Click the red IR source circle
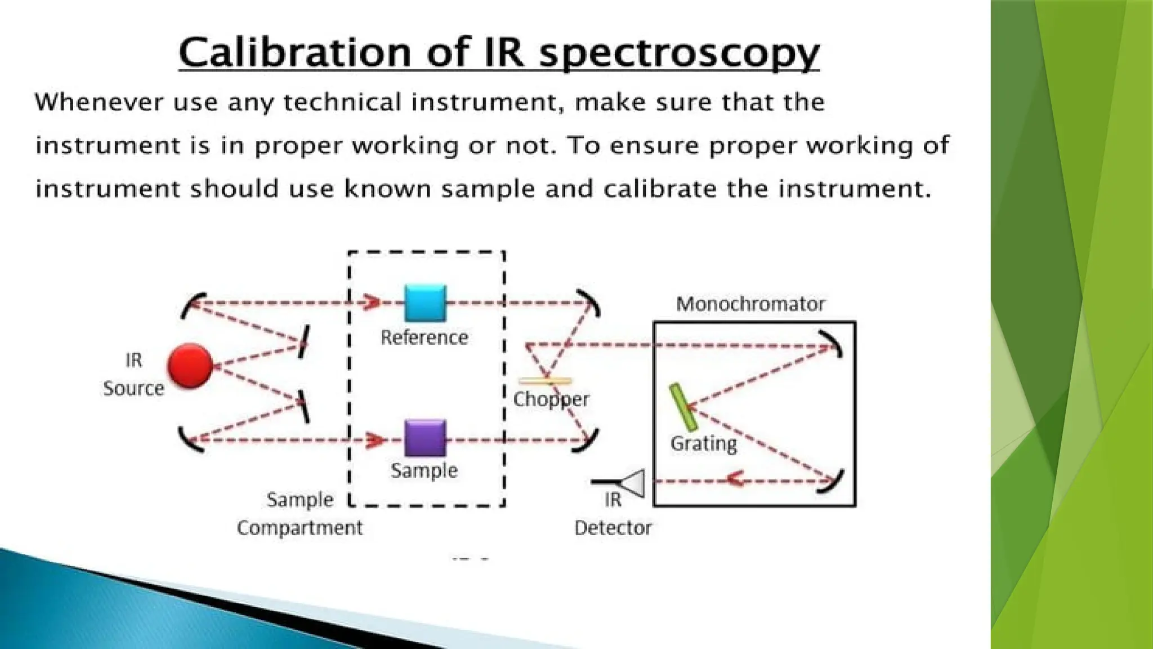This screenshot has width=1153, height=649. click(190, 366)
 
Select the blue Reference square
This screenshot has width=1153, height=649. click(426, 303)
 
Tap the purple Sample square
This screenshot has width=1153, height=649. click(426, 438)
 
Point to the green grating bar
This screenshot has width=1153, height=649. click(683, 407)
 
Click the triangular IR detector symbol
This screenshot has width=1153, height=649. click(633, 483)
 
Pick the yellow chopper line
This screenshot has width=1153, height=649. click(544, 381)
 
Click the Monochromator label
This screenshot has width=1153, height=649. click(750, 304)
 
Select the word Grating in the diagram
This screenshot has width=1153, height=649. click(703, 443)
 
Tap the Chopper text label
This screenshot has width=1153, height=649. click(551, 399)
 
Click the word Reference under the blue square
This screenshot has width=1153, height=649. click(424, 337)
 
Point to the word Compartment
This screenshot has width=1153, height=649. click(300, 528)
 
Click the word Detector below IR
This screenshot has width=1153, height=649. click(613, 528)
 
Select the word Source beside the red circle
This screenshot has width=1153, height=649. click(133, 388)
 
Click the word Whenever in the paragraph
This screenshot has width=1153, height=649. click(99, 103)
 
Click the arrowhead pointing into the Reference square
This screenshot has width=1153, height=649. click(373, 303)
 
